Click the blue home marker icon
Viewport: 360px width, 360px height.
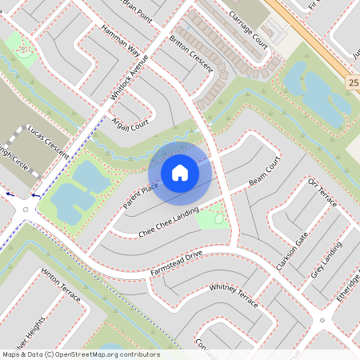pyautogui.click(x=179, y=172)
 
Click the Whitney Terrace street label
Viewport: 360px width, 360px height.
pyautogui.click(x=234, y=296)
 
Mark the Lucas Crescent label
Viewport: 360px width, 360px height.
pyautogui.click(x=47, y=139)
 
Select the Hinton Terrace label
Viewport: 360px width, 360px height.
pyautogui.click(x=62, y=284)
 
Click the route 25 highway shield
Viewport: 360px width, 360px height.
pyautogui.click(x=353, y=82)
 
